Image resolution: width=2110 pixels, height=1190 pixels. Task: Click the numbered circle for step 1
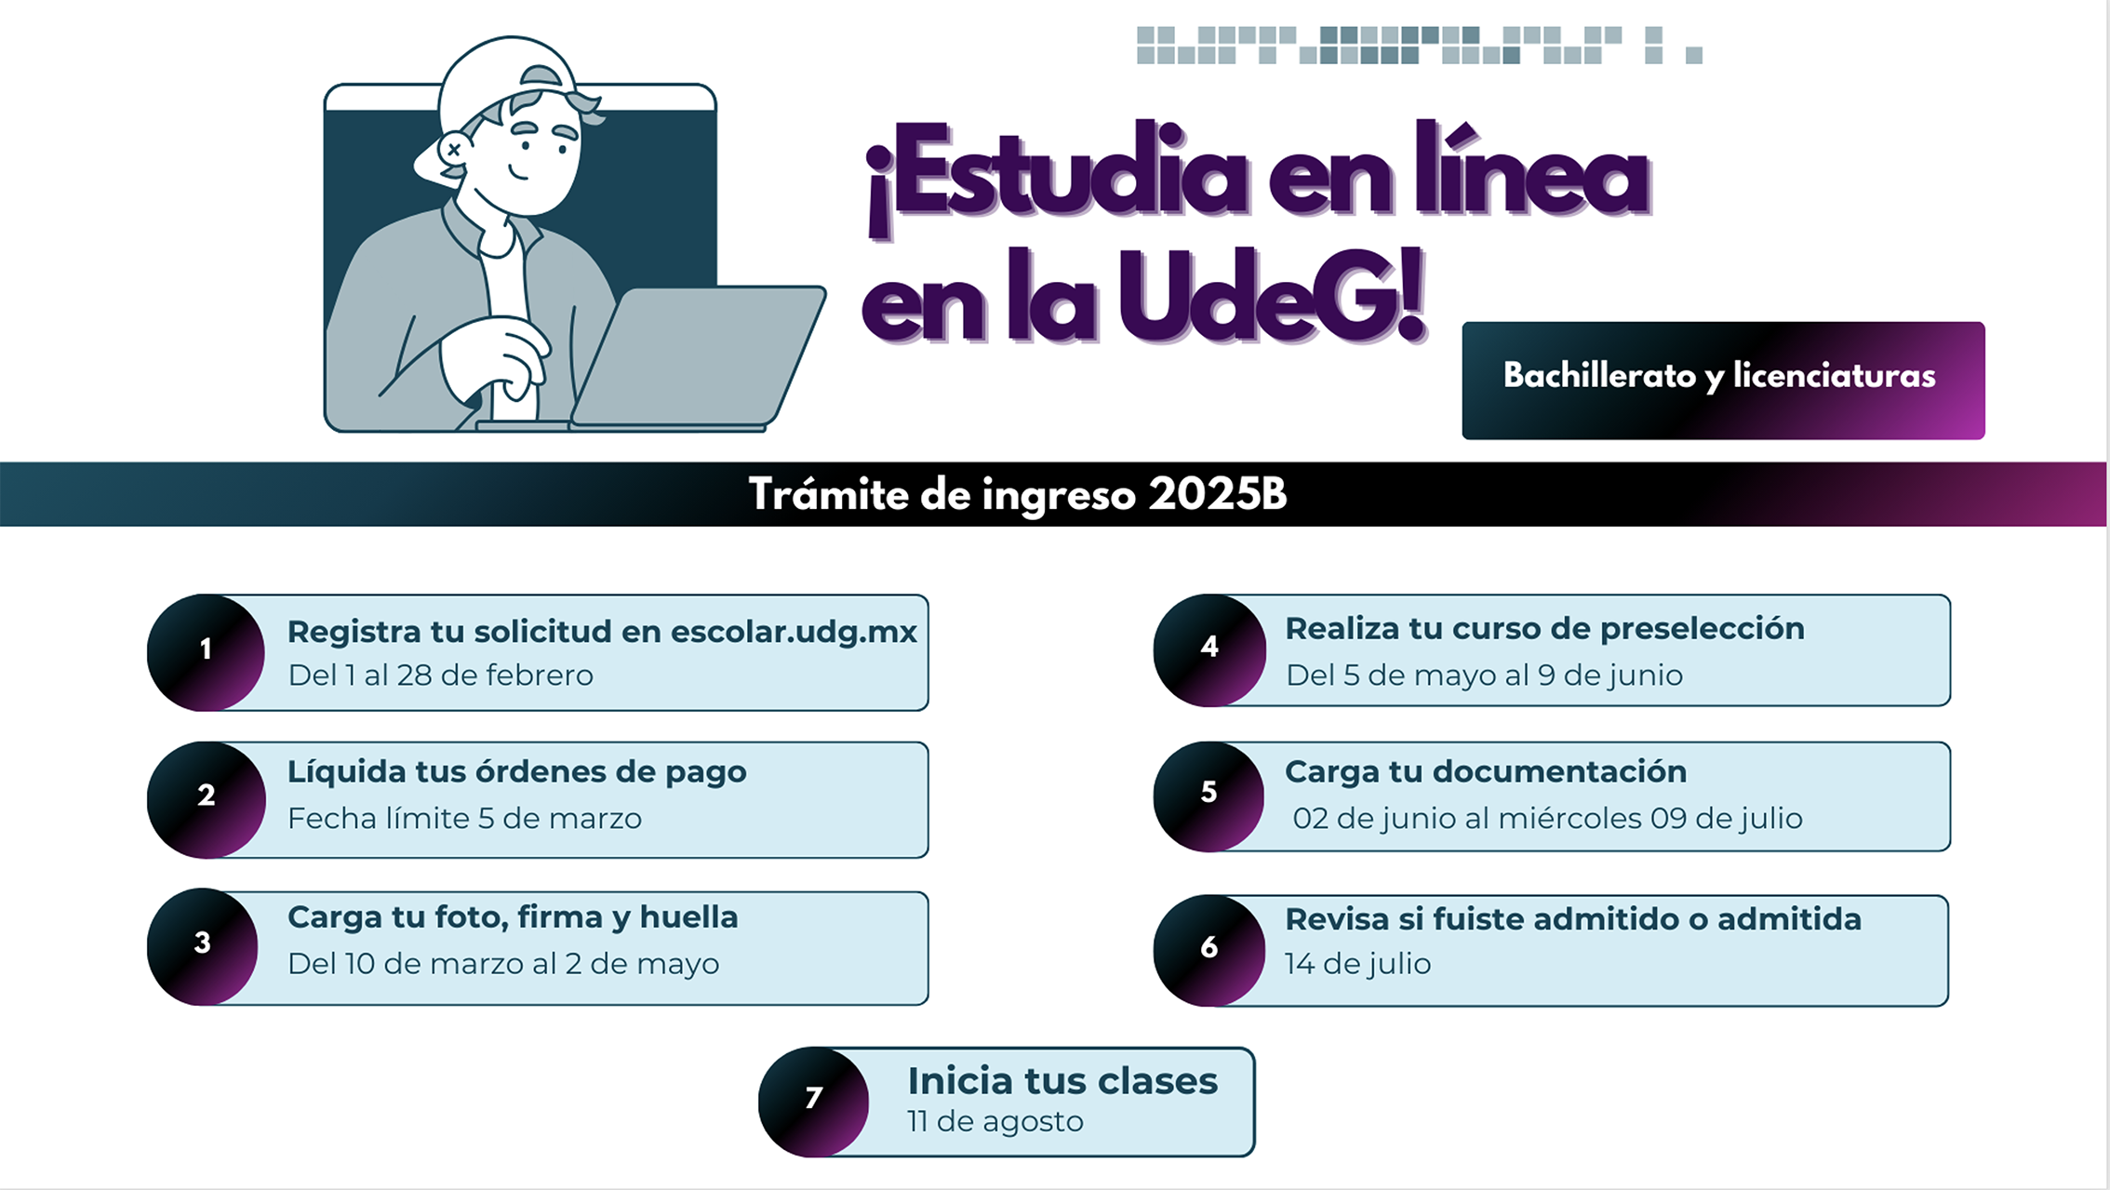pos(206,652)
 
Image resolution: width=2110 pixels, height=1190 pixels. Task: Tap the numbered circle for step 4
pos(1209,649)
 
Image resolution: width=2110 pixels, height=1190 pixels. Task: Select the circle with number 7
pos(814,1102)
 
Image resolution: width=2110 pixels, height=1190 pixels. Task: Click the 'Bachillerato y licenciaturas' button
pos(1723,381)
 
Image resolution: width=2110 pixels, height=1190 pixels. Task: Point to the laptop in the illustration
pos(698,358)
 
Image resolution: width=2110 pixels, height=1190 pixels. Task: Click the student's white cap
pos(507,88)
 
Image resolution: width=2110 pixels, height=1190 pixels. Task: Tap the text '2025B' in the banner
pos(1217,494)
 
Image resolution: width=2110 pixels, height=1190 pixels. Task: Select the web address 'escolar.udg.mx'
pos(794,632)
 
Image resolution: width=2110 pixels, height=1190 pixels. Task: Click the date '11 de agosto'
pos(995,1122)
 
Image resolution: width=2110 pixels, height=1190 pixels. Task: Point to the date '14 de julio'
pos(1357,964)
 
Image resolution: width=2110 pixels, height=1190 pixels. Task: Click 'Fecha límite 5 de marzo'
pos(464,819)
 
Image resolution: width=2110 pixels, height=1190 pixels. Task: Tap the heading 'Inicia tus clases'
pos(1062,1081)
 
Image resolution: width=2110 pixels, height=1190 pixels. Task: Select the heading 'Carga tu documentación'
pos(1486,771)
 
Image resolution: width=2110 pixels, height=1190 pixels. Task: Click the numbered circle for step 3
pos(203,946)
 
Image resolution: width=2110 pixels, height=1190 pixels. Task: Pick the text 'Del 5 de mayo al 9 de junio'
pos(1485,675)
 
